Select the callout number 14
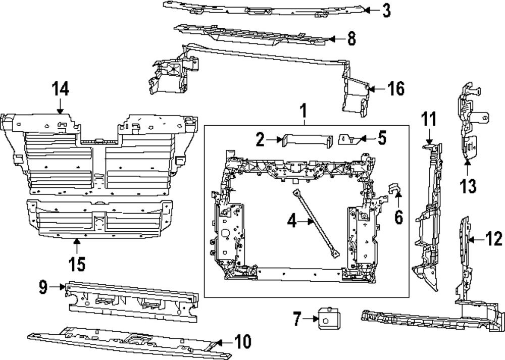pyautogui.click(x=60, y=89)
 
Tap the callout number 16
pyautogui.click(x=395, y=89)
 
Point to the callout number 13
pyautogui.click(x=468, y=186)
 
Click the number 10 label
pyautogui.click(x=242, y=342)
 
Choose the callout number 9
pyautogui.click(x=43, y=288)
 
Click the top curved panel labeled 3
pyautogui.click(x=263, y=9)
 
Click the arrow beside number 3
pyautogui.click(x=369, y=10)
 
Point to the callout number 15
pyautogui.click(x=77, y=263)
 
